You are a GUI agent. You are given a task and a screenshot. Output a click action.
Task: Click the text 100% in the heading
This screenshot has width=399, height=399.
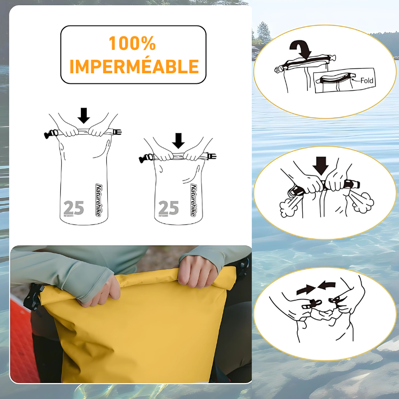pos(133,44)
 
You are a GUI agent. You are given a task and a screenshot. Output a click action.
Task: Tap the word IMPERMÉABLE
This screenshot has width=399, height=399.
pos(134,66)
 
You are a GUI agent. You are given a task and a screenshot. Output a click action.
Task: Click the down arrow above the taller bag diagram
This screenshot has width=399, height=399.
pos(84,115)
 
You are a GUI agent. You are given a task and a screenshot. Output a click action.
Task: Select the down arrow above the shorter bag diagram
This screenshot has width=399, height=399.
pos(178,141)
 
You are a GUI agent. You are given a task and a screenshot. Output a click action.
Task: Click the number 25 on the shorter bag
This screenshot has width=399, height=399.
pos(168,207)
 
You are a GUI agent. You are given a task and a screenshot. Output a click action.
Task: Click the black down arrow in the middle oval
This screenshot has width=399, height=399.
pos(321,166)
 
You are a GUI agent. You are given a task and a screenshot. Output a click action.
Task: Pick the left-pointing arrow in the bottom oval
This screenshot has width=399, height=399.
pos(328,286)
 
